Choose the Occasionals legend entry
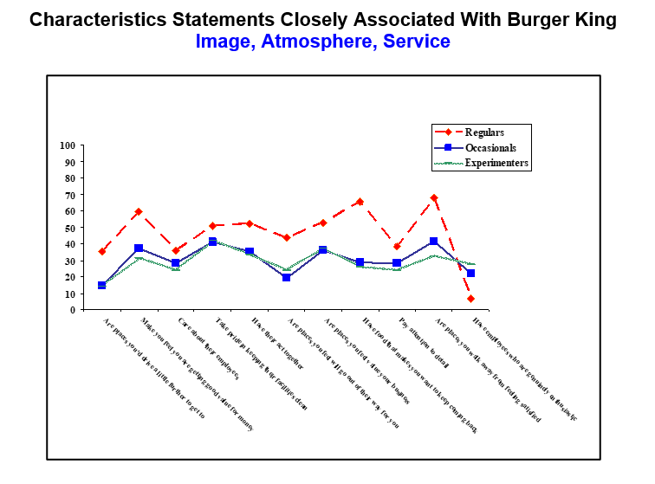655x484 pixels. point(490,147)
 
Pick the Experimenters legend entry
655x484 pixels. point(496,162)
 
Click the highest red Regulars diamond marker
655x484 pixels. point(433,198)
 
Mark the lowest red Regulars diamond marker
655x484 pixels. point(470,299)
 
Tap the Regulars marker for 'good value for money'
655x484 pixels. point(139,211)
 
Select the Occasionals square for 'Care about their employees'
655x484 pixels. point(175,263)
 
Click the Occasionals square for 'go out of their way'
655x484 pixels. point(286,278)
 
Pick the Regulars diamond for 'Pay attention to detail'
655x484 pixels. point(397,247)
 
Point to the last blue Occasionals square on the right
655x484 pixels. point(470,274)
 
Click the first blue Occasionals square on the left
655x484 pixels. point(101,285)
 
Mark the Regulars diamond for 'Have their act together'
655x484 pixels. point(250,223)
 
